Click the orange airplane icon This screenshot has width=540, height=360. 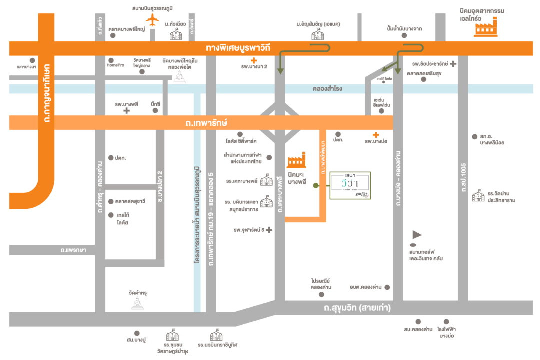(152, 20)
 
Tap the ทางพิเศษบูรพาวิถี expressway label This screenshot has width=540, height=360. (245, 48)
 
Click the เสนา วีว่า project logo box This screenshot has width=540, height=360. (350, 186)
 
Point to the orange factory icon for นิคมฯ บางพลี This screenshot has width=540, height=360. (296, 159)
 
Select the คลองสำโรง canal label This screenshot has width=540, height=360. (327, 89)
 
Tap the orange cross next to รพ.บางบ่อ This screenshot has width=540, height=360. (376, 134)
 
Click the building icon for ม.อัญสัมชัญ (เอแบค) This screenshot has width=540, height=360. (317, 35)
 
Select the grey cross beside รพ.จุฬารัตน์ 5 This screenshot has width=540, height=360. (269, 230)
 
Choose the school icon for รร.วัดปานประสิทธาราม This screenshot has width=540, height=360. (478, 196)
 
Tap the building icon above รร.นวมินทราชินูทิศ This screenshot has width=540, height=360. (216, 335)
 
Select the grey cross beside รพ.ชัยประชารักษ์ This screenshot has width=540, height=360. (453, 64)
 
